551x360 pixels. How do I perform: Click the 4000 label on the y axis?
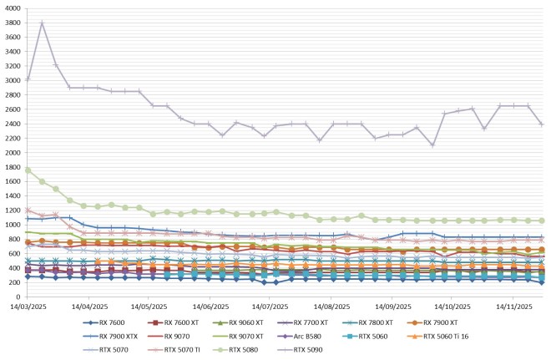point(12,8)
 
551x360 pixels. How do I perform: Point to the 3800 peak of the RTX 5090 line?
point(42,23)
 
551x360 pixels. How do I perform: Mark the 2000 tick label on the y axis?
point(12,153)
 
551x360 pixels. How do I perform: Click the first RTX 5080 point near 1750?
point(28,170)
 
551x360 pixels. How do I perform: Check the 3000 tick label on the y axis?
point(12,81)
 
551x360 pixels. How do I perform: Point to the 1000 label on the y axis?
point(12,226)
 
